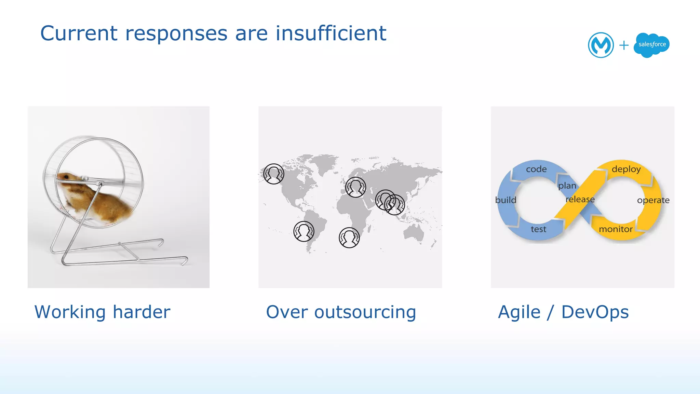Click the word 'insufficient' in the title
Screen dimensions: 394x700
(x=331, y=33)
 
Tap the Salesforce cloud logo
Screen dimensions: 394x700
(x=651, y=45)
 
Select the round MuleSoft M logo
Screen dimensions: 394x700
(x=601, y=45)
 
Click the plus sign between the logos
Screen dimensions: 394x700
(x=624, y=45)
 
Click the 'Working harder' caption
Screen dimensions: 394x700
(x=102, y=312)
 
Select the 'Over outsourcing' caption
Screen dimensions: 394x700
(x=341, y=312)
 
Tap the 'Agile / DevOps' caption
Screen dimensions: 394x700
(x=563, y=312)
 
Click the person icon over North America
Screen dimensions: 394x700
(x=273, y=174)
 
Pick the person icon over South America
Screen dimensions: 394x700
(x=304, y=231)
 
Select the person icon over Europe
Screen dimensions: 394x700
(x=355, y=187)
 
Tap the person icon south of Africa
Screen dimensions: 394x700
(x=349, y=237)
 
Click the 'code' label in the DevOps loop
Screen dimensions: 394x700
(x=536, y=169)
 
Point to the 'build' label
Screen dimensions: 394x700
(x=506, y=200)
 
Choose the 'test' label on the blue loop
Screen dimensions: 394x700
(x=538, y=229)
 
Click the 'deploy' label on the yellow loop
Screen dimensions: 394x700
(x=626, y=169)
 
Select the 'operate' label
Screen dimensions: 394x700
(x=653, y=200)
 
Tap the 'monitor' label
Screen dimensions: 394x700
(x=616, y=229)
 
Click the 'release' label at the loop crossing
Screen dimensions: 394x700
(x=580, y=199)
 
